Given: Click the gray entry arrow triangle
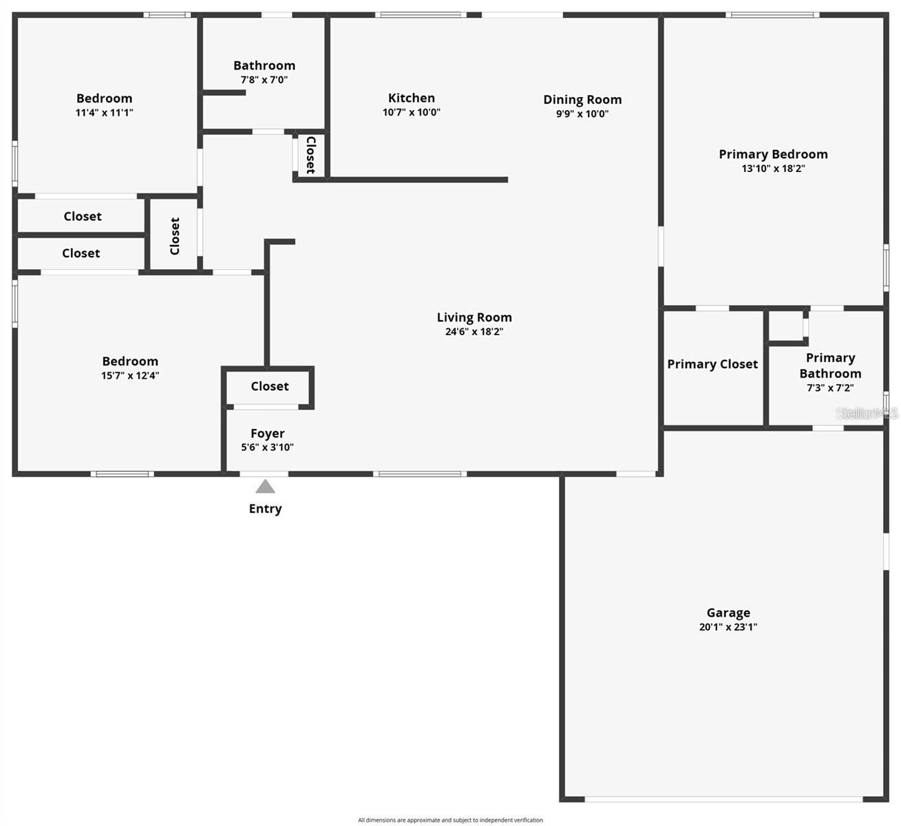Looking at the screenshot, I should click(x=265, y=487).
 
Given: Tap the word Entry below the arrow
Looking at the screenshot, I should click(x=265, y=509).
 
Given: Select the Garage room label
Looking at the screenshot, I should click(x=728, y=613).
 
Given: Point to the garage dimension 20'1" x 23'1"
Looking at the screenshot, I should click(x=728, y=627).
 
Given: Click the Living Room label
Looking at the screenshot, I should click(x=474, y=317).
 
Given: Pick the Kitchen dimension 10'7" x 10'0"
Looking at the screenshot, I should click(x=412, y=112).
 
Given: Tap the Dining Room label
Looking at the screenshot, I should click(x=582, y=100).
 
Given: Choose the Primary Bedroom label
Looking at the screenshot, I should click(x=773, y=154).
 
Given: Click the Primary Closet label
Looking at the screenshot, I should click(x=712, y=364).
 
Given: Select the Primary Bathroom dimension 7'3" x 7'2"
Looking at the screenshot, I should click(x=830, y=388).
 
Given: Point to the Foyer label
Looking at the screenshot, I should click(x=267, y=434).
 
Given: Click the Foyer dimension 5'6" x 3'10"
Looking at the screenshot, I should click(x=267, y=447).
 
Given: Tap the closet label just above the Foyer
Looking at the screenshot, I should click(x=270, y=386).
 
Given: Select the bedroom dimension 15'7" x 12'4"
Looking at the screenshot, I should click(x=130, y=376).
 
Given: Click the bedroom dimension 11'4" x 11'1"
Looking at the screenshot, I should click(x=104, y=113).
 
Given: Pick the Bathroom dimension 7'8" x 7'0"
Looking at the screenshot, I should click(x=264, y=80).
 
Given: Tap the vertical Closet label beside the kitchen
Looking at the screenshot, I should click(x=310, y=155).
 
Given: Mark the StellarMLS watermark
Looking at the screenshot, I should click(x=867, y=413).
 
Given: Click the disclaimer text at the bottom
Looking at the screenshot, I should click(x=450, y=820).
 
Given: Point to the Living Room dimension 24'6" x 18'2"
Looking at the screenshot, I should click(x=474, y=332).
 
